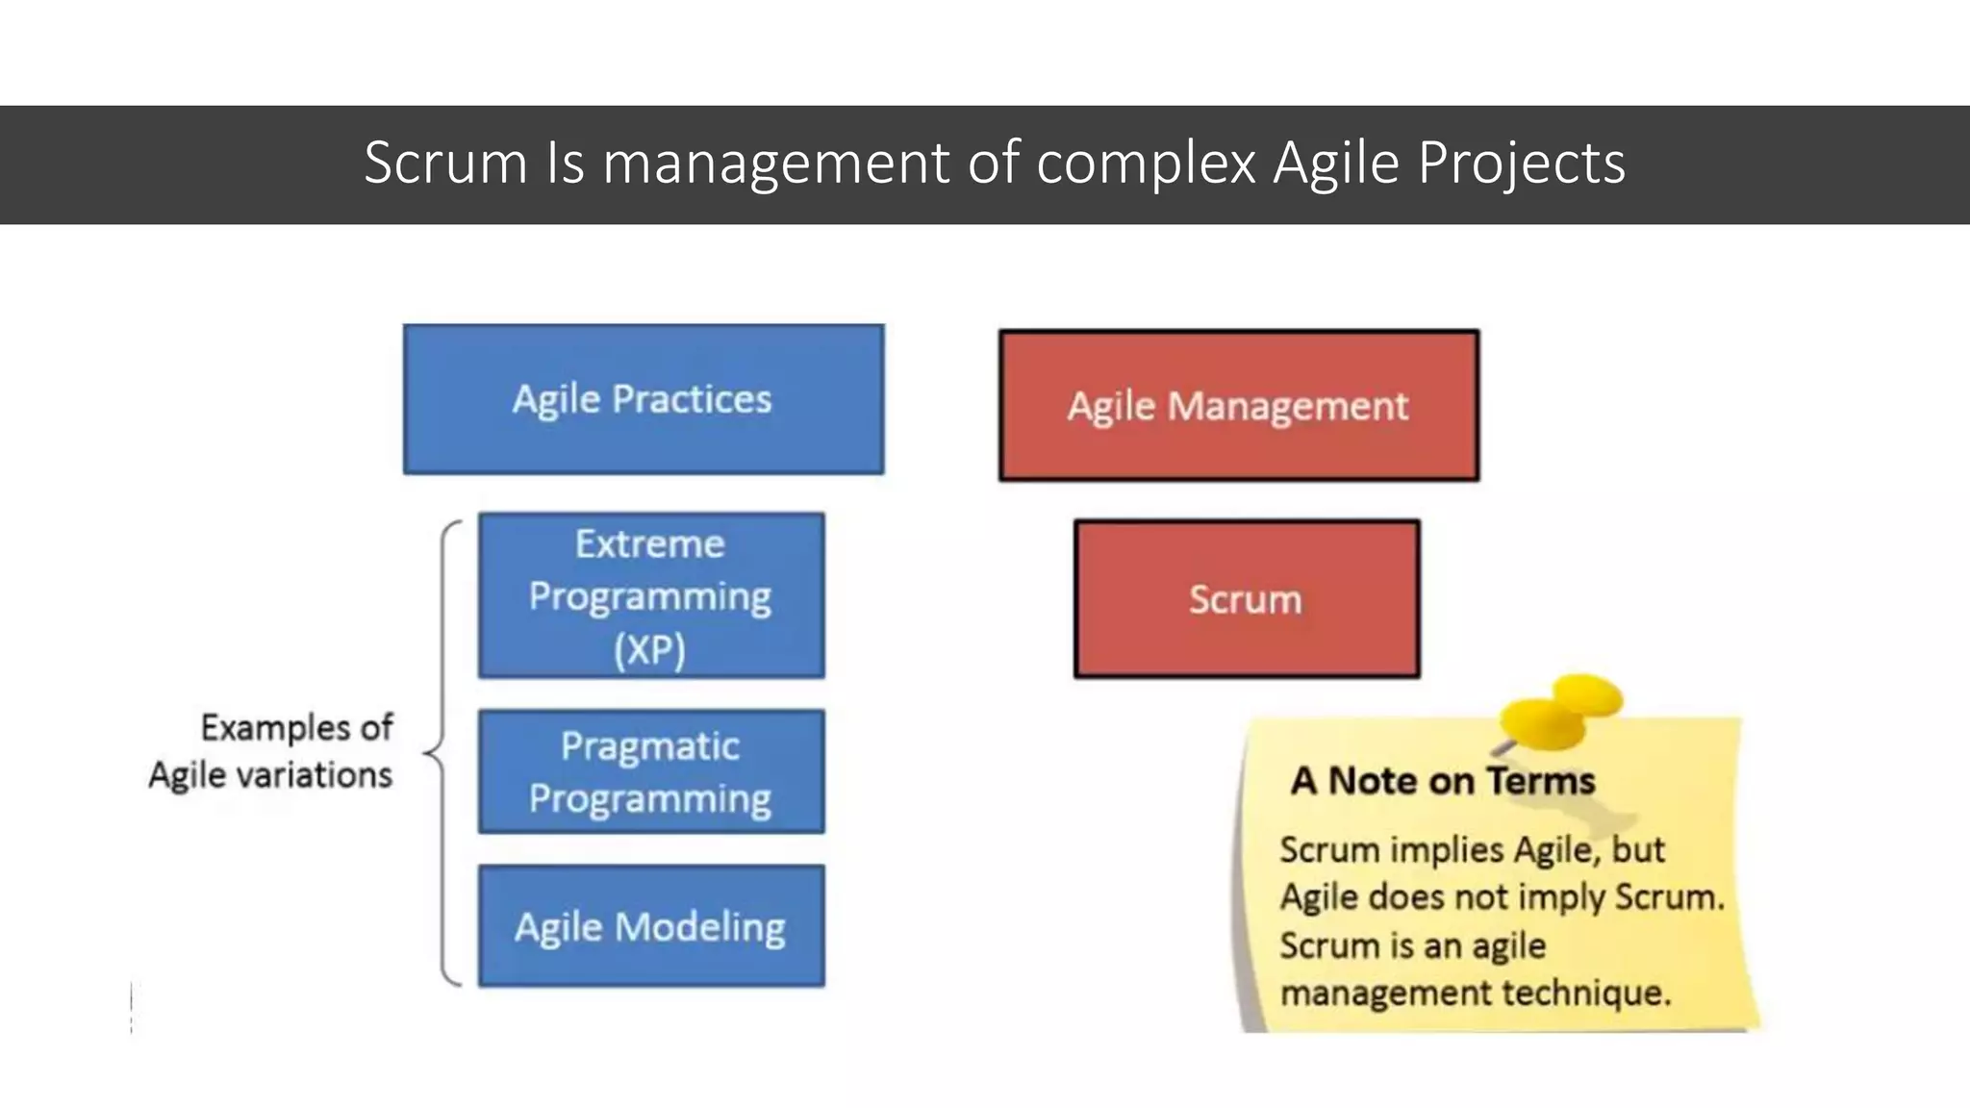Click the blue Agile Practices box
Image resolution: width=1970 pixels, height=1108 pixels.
pyautogui.click(x=643, y=399)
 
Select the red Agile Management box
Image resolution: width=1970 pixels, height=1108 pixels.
pyautogui.click(x=1238, y=406)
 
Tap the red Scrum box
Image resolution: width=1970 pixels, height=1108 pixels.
pyautogui.click(x=1246, y=599)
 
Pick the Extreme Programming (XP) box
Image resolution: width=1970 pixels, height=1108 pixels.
pyautogui.click(x=650, y=595)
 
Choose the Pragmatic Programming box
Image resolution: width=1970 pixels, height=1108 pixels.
pyautogui.click(x=650, y=771)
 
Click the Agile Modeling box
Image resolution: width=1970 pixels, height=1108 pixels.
pyautogui.click(x=650, y=926)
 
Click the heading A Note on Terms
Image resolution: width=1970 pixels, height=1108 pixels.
pyautogui.click(x=1442, y=780)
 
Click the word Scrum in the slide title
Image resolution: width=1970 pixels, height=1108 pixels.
pyautogui.click(x=445, y=163)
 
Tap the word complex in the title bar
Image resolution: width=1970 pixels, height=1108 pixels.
pyautogui.click(x=1146, y=163)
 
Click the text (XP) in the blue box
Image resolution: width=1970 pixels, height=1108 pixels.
pyautogui.click(x=650, y=649)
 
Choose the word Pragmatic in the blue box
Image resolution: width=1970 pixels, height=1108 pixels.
pyautogui.click(x=650, y=746)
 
